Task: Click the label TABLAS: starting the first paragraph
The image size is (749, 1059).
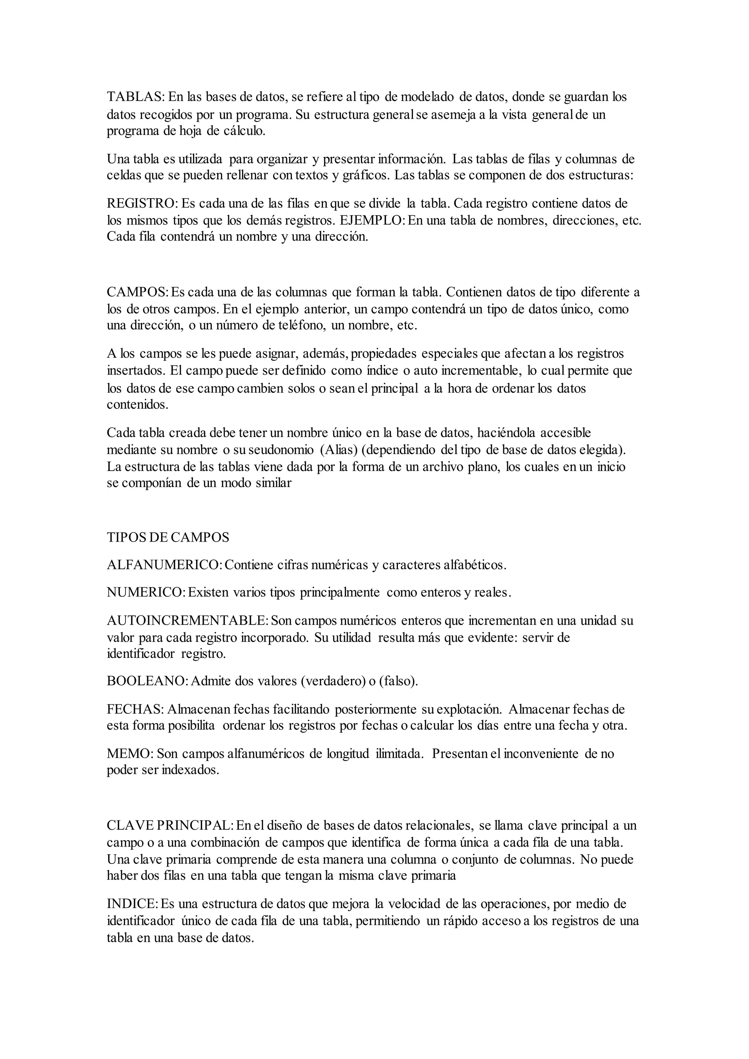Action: click(x=135, y=97)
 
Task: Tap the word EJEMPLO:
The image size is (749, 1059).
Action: click(x=372, y=221)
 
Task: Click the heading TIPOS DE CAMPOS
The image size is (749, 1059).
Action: click(x=168, y=537)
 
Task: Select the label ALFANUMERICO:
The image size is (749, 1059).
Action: click(x=165, y=565)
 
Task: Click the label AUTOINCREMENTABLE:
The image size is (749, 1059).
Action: click(x=187, y=621)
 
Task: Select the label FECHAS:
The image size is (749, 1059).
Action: click(x=135, y=709)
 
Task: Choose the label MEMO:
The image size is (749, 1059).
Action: click(x=130, y=754)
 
